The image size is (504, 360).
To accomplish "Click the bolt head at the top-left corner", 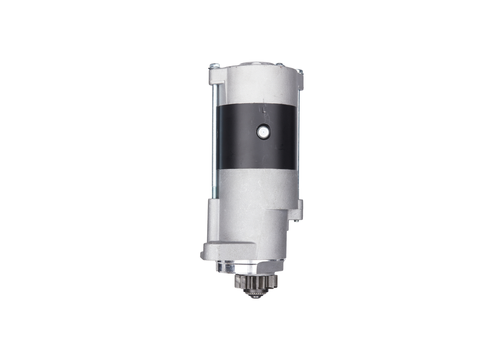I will (x=214, y=65).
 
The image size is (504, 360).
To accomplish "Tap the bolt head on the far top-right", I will (x=300, y=71).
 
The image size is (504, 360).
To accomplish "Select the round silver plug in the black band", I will (x=263, y=132).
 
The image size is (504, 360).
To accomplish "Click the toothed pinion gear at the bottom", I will (x=256, y=282).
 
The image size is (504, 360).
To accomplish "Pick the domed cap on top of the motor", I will (x=256, y=63).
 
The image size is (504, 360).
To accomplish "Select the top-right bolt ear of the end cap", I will (x=300, y=81).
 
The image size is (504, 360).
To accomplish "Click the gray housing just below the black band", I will (x=256, y=185).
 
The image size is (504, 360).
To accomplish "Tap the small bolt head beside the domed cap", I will (x=280, y=65).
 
